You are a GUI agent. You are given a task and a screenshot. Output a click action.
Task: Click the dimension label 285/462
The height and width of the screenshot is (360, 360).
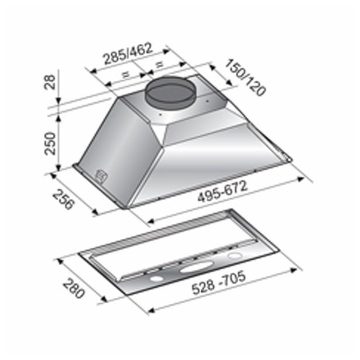click(x=128, y=53)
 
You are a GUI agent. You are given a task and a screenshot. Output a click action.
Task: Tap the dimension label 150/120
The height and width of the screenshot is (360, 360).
click(x=245, y=77)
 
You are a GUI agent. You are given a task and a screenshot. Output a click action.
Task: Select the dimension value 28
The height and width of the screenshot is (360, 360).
click(x=50, y=82)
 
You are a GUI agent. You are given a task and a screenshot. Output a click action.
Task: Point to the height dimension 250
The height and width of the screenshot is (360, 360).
click(x=50, y=143)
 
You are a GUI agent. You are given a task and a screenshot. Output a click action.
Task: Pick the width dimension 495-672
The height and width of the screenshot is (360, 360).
click(x=222, y=191)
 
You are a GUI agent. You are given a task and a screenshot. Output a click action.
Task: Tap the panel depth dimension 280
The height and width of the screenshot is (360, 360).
click(x=74, y=288)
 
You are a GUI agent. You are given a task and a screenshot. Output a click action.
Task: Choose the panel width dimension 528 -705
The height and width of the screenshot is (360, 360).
click(x=218, y=283)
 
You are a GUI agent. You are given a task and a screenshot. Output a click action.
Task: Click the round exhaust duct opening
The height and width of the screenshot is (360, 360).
click(x=170, y=94)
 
